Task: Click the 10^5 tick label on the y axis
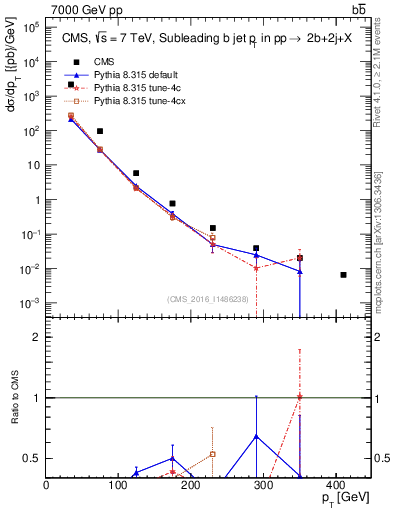30,28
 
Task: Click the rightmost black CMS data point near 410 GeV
343,275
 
